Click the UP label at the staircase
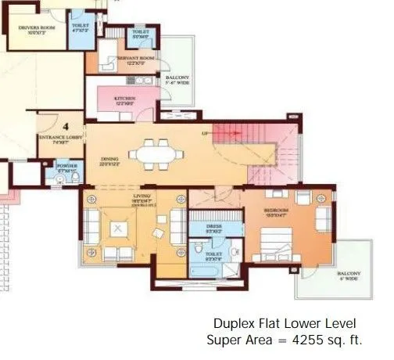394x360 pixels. pyautogui.click(x=206, y=134)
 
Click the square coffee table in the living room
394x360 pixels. pyautogui.click(x=120, y=229)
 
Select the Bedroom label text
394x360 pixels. pyautogui.click(x=275, y=212)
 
